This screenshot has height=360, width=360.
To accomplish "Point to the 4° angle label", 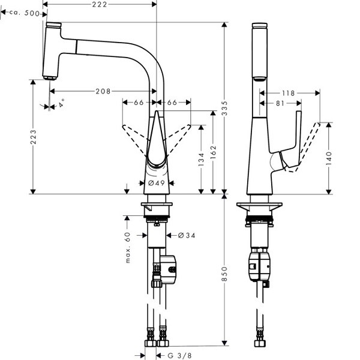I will coord(60,103).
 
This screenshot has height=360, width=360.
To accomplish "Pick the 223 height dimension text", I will coord(33,137).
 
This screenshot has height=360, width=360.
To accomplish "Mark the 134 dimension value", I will coord(201,159).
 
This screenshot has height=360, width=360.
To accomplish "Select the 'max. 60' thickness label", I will coord(128,247).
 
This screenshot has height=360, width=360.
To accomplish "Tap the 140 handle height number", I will coord(329,158).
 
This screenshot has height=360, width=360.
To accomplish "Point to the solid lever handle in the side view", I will coord(290,141).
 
